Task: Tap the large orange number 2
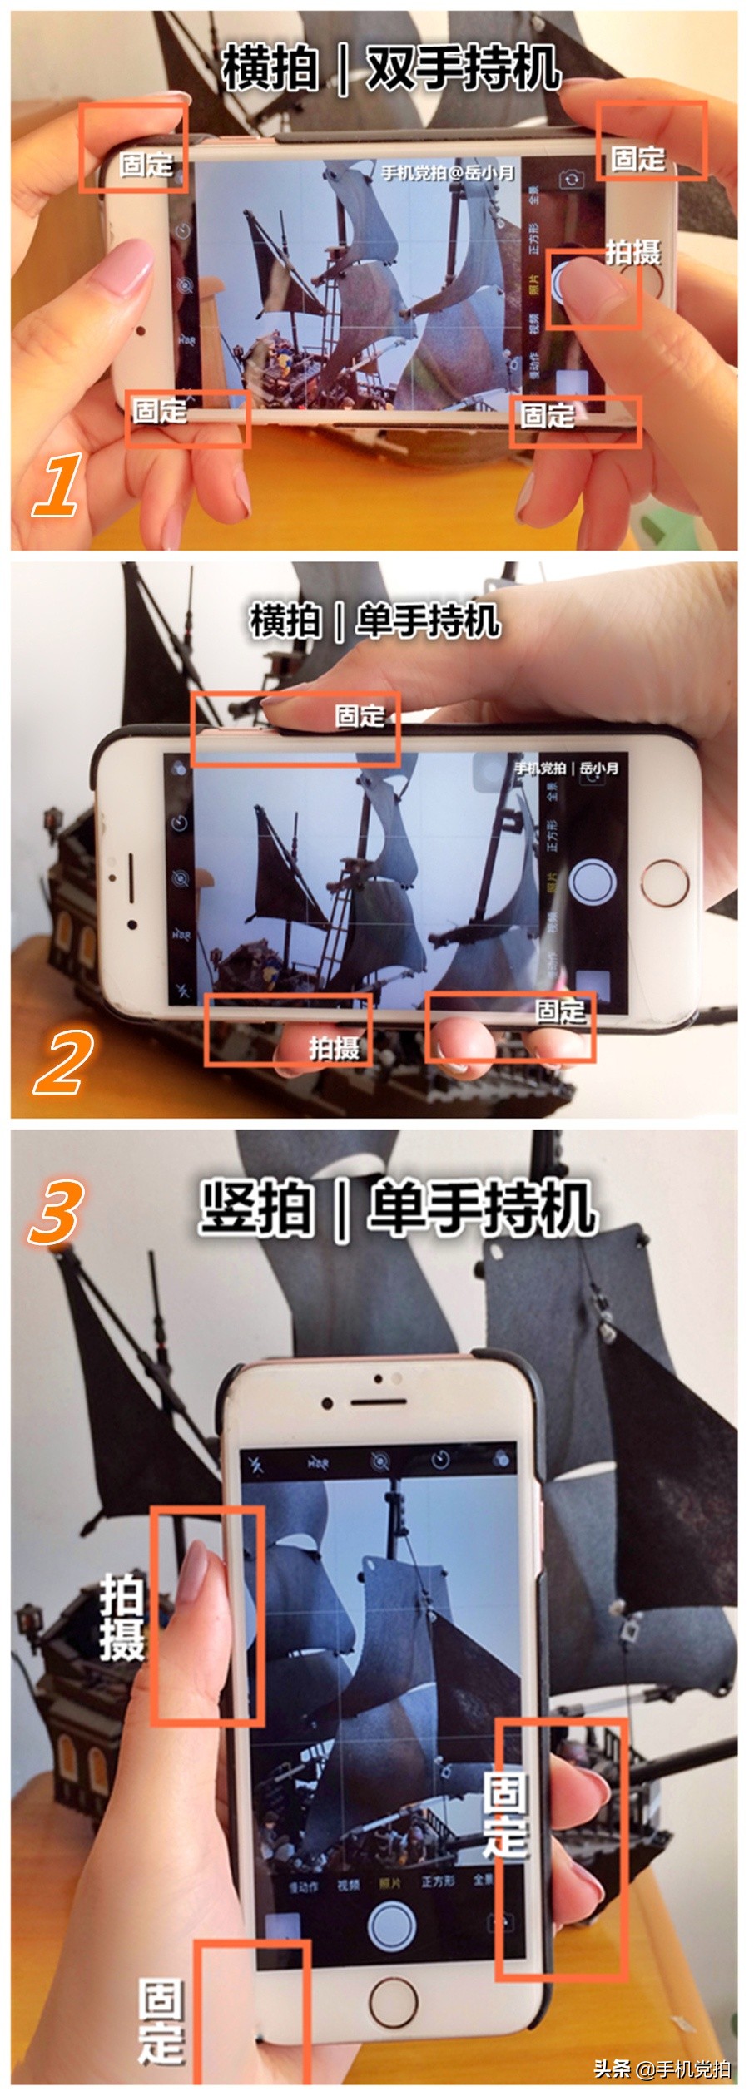(x=60, y=1062)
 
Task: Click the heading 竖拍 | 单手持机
(x=398, y=1208)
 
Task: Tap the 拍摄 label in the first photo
(x=632, y=251)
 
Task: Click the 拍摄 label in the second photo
(x=334, y=1047)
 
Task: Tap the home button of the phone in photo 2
(x=662, y=882)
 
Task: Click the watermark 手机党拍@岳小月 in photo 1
(x=447, y=173)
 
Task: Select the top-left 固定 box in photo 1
(x=134, y=148)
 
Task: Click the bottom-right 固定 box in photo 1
(x=575, y=422)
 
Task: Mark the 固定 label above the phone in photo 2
(x=360, y=715)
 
